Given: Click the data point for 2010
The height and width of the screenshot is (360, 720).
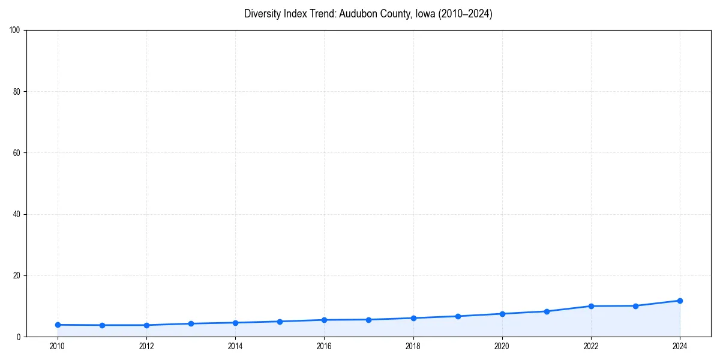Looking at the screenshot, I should pyautogui.click(x=58, y=325).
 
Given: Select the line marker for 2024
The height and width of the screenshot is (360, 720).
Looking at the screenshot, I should pyautogui.click(x=680, y=301).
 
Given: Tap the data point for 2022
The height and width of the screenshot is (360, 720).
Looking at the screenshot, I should pyautogui.click(x=591, y=306).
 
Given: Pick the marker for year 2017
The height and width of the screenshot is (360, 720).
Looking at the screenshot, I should pyautogui.click(x=368, y=319).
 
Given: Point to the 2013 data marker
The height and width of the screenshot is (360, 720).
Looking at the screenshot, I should pyautogui.click(x=191, y=323).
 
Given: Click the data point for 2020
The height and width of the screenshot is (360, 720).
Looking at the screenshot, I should pyautogui.click(x=502, y=314).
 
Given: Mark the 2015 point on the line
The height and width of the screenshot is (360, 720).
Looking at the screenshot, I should pyautogui.click(x=280, y=322).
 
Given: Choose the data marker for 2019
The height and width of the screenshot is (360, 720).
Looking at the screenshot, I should pyautogui.click(x=458, y=316).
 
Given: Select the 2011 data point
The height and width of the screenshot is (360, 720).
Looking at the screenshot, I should pyautogui.click(x=102, y=325).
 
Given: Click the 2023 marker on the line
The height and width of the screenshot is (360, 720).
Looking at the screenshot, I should pyautogui.click(x=635, y=306).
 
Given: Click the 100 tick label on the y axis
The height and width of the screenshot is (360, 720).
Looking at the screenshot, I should pyautogui.click(x=15, y=30).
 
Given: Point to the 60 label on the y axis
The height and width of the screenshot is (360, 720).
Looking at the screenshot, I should pyautogui.click(x=17, y=153).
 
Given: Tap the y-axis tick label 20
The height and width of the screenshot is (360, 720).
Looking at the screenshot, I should pyautogui.click(x=17, y=275).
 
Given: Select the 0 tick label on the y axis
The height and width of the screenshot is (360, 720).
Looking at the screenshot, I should pyautogui.click(x=19, y=337).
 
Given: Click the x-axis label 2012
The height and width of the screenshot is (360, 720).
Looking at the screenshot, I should pyautogui.click(x=146, y=346).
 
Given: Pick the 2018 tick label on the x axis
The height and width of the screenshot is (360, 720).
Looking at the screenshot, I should pyautogui.click(x=413, y=346).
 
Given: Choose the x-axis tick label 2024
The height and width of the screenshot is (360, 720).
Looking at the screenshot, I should pyautogui.click(x=680, y=346).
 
